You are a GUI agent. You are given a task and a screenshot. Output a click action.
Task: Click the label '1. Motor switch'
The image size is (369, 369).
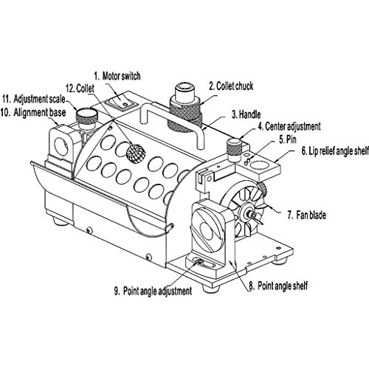tap(117, 76)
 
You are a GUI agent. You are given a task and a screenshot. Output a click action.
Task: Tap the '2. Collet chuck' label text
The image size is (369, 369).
tap(231, 86)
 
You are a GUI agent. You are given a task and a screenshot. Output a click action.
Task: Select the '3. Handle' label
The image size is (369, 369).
tap(246, 114)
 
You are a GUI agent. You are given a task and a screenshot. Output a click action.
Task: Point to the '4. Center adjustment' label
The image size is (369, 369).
tap(289, 126)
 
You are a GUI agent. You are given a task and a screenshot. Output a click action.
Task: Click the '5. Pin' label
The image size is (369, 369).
tap(288, 139)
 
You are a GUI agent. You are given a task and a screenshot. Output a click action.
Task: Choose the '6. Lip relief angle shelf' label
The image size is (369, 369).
tap(335, 151)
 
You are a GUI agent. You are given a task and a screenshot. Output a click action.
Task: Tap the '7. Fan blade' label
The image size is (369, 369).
tap(307, 215)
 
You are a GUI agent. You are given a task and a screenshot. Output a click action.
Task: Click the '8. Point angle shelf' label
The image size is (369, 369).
tap(278, 286)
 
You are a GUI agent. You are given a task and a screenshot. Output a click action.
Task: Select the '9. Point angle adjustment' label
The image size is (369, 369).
tap(153, 291)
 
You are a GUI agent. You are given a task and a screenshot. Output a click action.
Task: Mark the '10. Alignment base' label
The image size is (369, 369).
tap(33, 113)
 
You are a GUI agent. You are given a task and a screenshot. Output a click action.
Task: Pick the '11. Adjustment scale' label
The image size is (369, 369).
tap(34, 99)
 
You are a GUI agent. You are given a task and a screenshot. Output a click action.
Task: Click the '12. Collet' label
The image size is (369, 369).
tap(80, 89)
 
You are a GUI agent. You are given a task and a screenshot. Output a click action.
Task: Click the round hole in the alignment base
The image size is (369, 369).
tap(61, 147)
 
